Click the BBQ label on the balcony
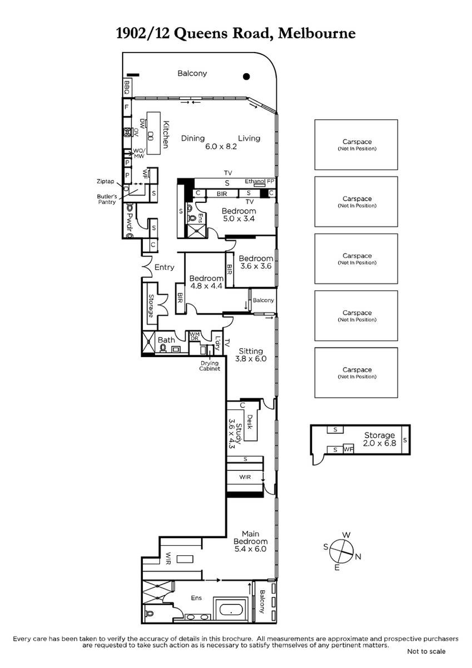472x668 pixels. click(x=126, y=88)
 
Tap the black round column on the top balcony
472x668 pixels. click(x=247, y=76)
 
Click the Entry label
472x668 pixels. click(x=164, y=267)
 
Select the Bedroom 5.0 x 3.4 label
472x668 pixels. click(x=239, y=215)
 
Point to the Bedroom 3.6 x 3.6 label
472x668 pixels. click(x=255, y=262)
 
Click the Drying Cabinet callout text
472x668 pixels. click(x=210, y=365)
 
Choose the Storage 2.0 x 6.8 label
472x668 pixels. click(x=379, y=439)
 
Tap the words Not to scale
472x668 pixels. click(x=426, y=651)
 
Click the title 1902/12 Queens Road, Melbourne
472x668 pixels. click(x=236, y=34)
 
